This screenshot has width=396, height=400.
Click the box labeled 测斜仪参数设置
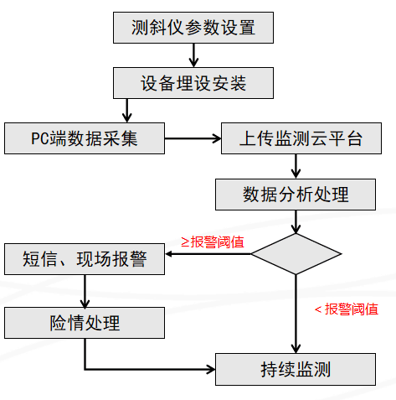(x=193, y=28)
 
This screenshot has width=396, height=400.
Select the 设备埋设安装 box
(x=193, y=83)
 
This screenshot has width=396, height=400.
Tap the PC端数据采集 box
(x=85, y=138)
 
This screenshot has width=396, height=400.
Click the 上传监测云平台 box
(x=301, y=138)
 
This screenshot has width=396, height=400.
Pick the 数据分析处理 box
(x=296, y=195)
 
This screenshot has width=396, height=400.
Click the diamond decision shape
(x=296, y=254)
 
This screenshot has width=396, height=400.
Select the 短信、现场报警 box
(x=85, y=259)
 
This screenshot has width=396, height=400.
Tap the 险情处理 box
(x=85, y=323)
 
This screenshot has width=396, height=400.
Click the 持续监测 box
(x=296, y=369)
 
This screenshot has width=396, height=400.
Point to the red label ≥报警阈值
(x=213, y=242)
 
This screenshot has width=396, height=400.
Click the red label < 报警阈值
(x=347, y=309)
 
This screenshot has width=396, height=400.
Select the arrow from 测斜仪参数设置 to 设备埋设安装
(x=193, y=55)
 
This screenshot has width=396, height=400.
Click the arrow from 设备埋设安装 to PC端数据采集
(x=127, y=111)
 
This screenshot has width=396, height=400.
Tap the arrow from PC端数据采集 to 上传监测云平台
(x=193, y=138)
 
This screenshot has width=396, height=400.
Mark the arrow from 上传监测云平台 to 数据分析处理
(x=296, y=166)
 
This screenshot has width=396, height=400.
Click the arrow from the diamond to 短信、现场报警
(x=208, y=254)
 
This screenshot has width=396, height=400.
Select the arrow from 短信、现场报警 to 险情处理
(x=85, y=291)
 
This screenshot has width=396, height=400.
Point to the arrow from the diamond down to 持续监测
(x=296, y=314)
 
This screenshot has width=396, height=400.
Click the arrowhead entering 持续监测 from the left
(x=211, y=369)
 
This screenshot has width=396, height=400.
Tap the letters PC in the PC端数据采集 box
(x=39, y=138)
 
